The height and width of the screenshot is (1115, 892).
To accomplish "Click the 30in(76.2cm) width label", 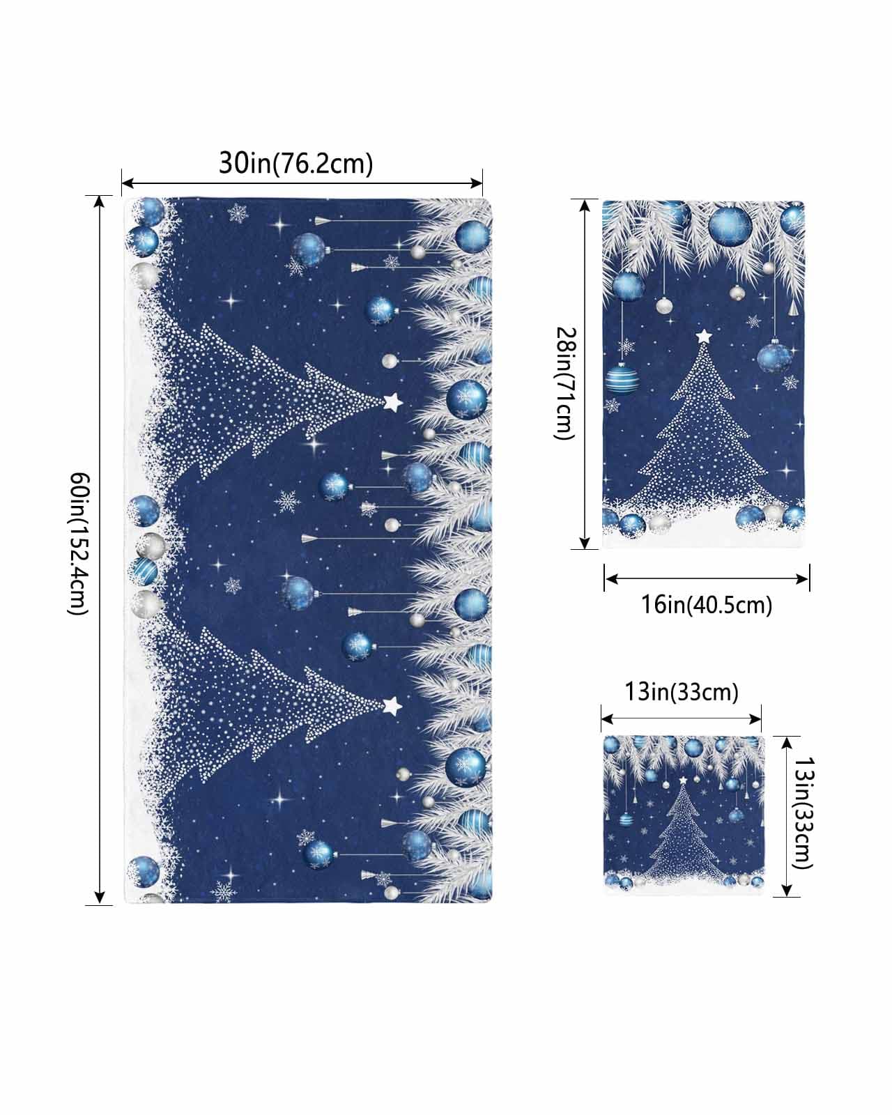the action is [x=296, y=163].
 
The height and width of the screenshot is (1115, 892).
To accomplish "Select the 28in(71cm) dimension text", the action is [x=564, y=383].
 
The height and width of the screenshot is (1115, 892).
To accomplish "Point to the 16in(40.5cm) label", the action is [x=707, y=605].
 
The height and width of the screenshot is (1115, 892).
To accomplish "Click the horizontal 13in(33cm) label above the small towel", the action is [x=681, y=692].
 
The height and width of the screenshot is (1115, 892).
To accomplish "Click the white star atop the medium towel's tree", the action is [x=703, y=337].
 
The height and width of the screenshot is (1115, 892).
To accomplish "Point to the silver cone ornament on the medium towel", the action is [x=793, y=308].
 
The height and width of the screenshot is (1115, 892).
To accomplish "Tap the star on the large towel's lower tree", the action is [x=392, y=706].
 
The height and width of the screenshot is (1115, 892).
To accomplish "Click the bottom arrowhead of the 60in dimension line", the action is [x=99, y=898].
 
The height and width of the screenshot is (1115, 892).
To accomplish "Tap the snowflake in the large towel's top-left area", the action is [x=238, y=213].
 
